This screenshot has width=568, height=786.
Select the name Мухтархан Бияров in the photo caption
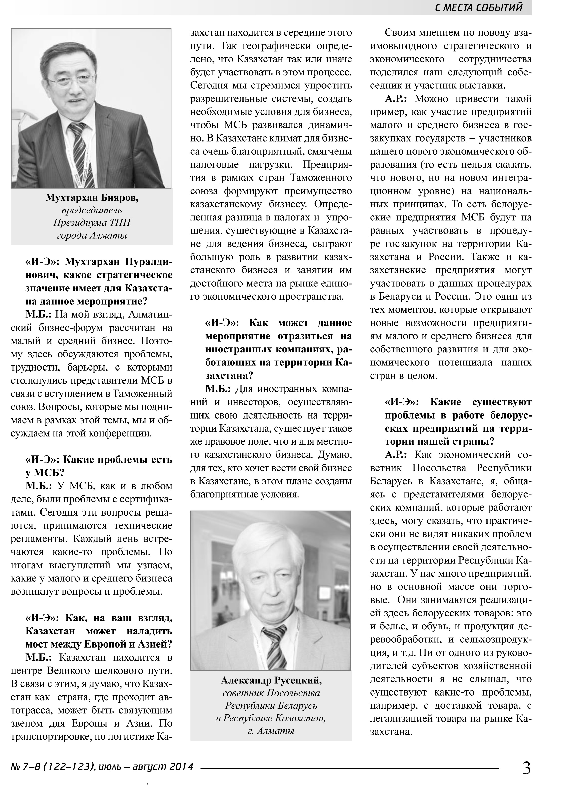pyautogui.click(x=92, y=198)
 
